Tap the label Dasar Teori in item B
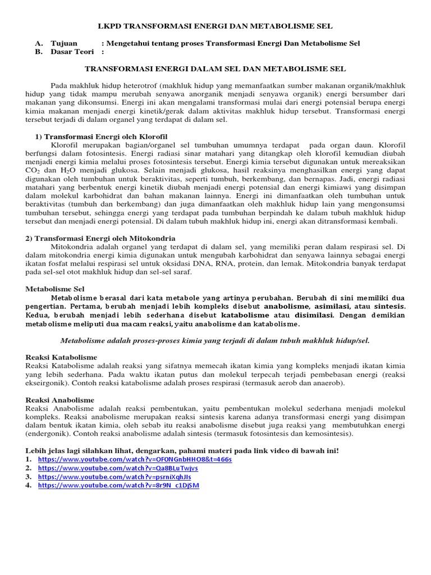[x=71, y=52]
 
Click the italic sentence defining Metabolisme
[x=215, y=340]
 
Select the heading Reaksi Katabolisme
[x=62, y=357]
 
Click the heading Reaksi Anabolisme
[x=60, y=400]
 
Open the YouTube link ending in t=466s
[x=135, y=459]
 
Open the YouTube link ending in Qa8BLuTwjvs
[x=118, y=468]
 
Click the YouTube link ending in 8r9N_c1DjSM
[x=118, y=486]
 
